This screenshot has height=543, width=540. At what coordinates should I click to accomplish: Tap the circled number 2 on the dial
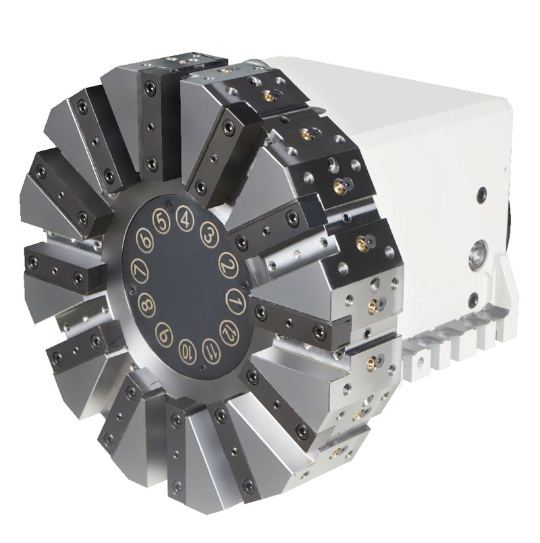click(227, 265)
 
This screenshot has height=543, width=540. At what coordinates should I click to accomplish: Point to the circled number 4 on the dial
click(182, 218)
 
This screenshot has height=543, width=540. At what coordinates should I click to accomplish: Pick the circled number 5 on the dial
click(160, 221)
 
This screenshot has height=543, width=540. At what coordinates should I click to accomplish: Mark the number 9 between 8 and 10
click(163, 333)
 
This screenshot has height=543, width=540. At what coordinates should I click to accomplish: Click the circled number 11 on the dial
click(209, 349)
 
